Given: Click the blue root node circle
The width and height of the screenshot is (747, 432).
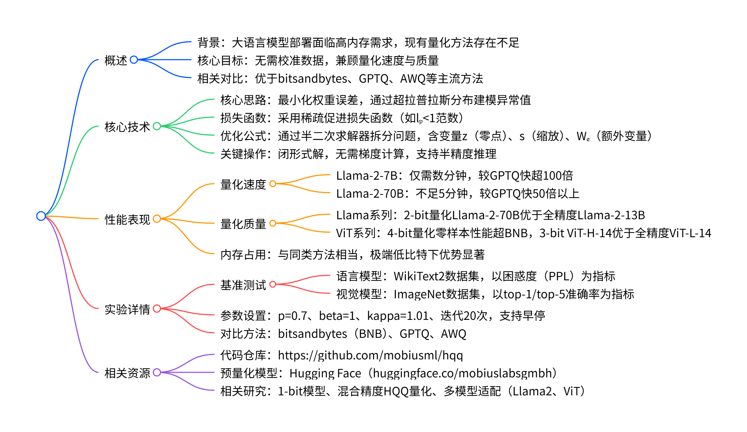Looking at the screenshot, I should [41, 216].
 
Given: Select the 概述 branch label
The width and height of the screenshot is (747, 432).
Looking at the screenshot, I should [116, 60].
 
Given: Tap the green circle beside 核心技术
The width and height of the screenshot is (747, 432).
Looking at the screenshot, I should [157, 126].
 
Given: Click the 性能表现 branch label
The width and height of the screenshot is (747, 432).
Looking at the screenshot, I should [127, 219].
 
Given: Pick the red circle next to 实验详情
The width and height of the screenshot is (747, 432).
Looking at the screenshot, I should [157, 309].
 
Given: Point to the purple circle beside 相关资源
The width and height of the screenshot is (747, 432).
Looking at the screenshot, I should [157, 372].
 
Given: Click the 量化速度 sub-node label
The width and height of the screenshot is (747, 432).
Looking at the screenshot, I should [243, 184].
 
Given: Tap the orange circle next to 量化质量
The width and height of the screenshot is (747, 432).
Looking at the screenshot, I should [273, 223].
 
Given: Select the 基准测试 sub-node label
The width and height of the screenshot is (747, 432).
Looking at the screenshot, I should [243, 285].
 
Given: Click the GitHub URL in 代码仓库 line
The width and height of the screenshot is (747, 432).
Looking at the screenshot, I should [370, 355].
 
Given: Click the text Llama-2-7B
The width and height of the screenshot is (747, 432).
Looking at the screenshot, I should [366, 176].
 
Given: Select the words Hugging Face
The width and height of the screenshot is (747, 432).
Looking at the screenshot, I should [325, 373].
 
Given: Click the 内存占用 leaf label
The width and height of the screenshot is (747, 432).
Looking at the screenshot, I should [243, 255].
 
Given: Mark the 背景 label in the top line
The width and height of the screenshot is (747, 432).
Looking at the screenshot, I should [209, 43].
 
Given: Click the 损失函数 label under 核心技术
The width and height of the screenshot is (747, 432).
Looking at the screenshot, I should [243, 118].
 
